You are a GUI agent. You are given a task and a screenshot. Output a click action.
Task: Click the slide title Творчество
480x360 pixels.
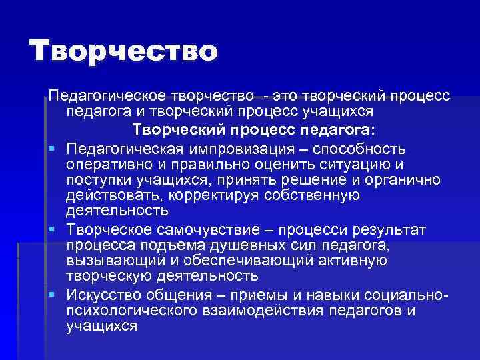pos(124,51)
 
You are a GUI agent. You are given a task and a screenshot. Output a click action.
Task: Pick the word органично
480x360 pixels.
pos(399,179)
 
